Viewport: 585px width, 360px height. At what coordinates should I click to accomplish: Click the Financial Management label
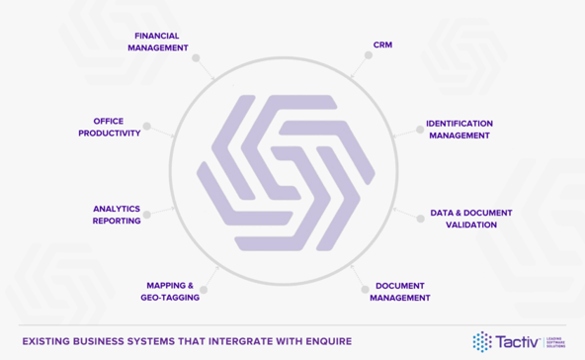(158, 41)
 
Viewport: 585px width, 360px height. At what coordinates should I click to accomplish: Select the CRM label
(382, 45)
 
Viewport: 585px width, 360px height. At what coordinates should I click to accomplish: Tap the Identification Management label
(459, 130)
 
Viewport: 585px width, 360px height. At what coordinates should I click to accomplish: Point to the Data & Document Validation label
(470, 219)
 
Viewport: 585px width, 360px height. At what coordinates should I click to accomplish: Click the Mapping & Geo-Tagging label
(169, 291)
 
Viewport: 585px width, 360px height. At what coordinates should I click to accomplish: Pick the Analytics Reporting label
(117, 215)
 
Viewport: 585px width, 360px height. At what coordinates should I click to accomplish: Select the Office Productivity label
(111, 127)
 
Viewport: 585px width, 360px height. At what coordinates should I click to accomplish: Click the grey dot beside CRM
(369, 54)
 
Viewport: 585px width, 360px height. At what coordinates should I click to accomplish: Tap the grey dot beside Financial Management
(197, 58)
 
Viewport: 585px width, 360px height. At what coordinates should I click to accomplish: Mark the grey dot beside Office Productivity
(147, 127)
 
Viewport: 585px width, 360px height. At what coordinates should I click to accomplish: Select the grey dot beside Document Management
(365, 290)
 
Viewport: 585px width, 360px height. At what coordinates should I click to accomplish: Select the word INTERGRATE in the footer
(229, 341)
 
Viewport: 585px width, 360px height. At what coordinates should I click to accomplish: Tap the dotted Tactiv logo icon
(482, 341)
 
